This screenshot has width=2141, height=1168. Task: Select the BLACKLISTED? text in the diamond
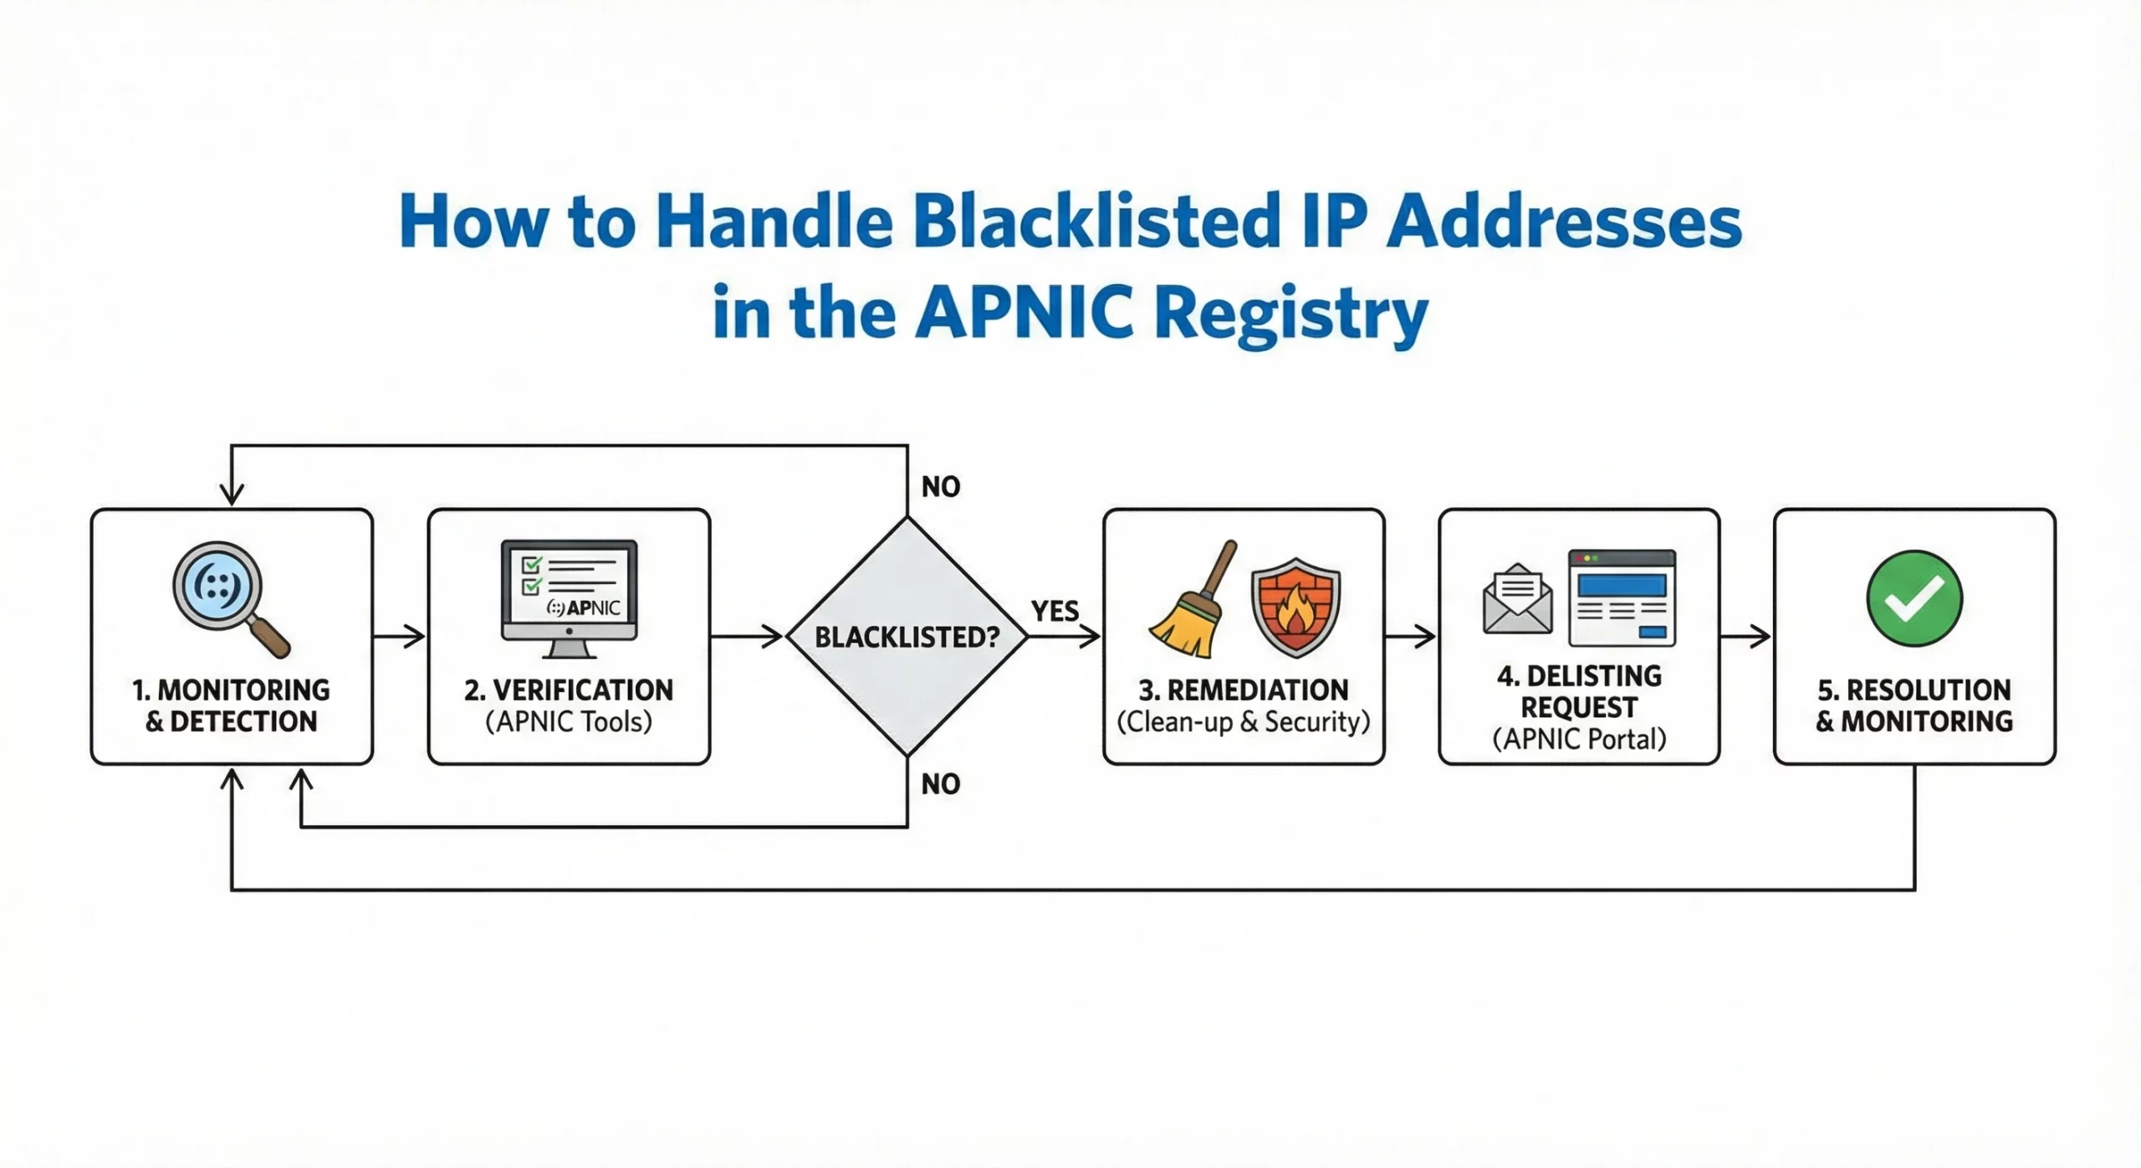[x=907, y=638]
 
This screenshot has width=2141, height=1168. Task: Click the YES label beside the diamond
[x=1055, y=612]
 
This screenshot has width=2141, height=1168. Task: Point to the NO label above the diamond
[x=941, y=487]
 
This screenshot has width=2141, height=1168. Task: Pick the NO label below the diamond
[x=941, y=784]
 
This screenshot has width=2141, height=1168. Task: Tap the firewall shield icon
[x=1295, y=607]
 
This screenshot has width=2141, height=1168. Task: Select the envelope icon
[x=1517, y=599]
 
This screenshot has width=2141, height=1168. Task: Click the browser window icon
[x=1622, y=597]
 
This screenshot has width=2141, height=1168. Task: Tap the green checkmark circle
[x=1914, y=598]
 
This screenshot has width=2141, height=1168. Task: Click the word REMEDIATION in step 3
[x=1257, y=690]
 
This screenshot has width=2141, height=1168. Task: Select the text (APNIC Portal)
[x=1579, y=740]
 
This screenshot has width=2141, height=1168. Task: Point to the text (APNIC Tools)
[x=569, y=722]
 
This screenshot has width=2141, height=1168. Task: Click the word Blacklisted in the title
[x=1096, y=222]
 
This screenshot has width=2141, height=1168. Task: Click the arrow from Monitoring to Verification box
[x=400, y=637]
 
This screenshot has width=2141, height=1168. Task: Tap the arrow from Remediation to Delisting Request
[x=1411, y=637]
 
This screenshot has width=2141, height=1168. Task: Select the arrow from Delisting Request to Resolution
[x=1746, y=637]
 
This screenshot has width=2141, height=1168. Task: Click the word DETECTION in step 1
[x=243, y=722]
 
